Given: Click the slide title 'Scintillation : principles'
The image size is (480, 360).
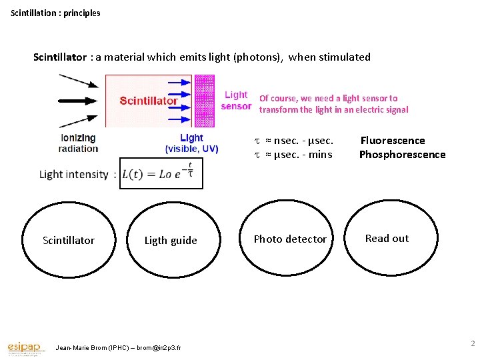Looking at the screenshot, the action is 55,13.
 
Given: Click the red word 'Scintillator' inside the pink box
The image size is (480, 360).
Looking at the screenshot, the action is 149,101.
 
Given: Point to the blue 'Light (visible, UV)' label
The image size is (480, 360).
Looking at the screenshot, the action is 191,143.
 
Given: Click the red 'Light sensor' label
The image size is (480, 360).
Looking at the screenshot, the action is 236,101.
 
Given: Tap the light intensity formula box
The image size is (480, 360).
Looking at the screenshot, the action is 161,173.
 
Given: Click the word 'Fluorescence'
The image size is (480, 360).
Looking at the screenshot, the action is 393,140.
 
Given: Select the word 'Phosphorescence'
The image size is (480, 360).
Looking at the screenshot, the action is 402,155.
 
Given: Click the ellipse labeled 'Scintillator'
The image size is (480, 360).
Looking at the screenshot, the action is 69,239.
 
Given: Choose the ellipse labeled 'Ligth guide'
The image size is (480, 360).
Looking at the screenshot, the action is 171,239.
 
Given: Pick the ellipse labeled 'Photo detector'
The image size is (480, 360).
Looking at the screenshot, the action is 290,239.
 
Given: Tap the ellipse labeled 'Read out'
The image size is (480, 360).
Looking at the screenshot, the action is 387,238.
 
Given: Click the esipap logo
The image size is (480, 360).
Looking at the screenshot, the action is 25,347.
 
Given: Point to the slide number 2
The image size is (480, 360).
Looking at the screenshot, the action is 472,343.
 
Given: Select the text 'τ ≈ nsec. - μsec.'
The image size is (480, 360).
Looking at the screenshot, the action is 294,140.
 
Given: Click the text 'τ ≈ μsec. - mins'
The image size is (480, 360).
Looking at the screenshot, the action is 293,155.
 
